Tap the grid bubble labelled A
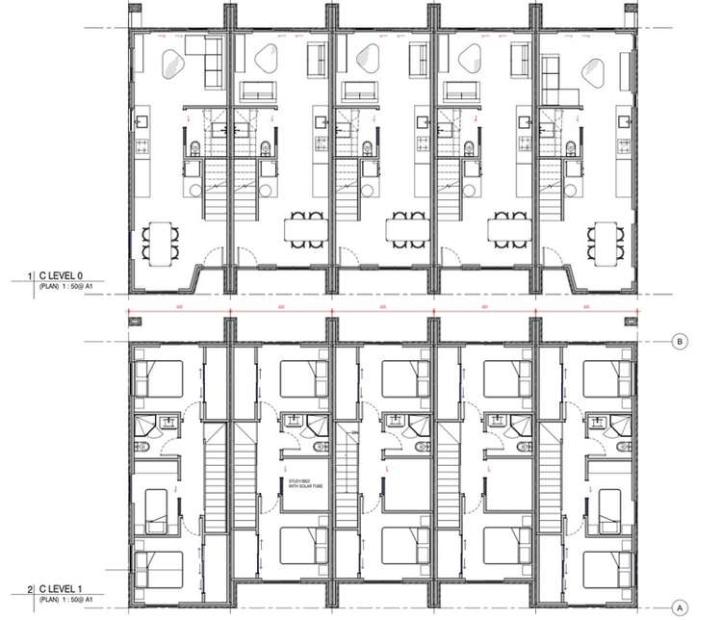click(x=679, y=607)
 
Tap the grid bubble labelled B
click(x=679, y=340)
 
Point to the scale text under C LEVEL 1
click(x=65, y=601)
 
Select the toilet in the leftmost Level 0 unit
click(x=193, y=147)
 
